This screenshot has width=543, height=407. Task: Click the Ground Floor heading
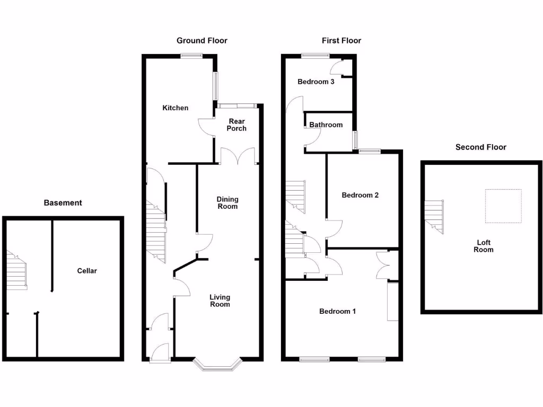point(202,41)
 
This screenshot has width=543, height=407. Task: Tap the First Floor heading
point(341,41)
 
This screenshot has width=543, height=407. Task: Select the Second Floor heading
point(480,147)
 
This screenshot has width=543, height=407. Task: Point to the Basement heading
point(63,203)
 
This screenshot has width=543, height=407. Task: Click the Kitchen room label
point(175,108)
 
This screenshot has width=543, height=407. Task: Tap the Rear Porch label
point(237,125)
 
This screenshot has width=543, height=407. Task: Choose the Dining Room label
point(227,203)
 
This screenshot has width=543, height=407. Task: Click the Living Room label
point(220,301)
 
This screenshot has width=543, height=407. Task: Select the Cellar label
point(87,271)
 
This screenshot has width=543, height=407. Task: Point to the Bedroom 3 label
point(316,82)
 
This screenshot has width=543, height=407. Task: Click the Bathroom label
point(326,125)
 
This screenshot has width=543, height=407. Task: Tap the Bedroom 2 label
point(360,195)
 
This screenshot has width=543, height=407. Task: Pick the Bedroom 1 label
point(337,311)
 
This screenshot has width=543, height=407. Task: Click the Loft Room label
point(484,246)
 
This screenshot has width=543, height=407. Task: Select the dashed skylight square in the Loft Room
point(503,206)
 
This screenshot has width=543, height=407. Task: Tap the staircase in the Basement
point(17,270)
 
